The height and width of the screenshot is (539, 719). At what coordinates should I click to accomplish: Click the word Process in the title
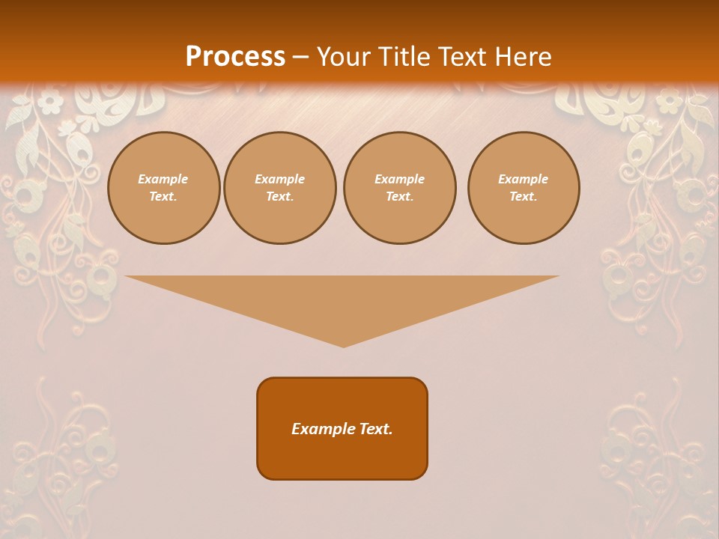coord(235,57)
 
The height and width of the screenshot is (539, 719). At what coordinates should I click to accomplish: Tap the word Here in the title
coord(522,57)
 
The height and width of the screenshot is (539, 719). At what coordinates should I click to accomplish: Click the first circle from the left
coord(163,188)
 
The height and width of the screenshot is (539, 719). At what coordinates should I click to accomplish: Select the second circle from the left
coord(279,188)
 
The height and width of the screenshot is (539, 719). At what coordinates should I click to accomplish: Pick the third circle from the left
coord(399,188)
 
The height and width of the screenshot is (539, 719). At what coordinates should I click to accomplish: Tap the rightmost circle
coord(524,188)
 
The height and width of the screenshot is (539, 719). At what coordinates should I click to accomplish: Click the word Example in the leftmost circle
coord(163,179)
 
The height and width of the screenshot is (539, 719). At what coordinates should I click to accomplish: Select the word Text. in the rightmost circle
coord(524,197)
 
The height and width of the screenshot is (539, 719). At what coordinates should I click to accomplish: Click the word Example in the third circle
coord(399,179)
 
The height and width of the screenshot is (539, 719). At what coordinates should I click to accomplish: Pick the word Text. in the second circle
coord(279,197)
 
